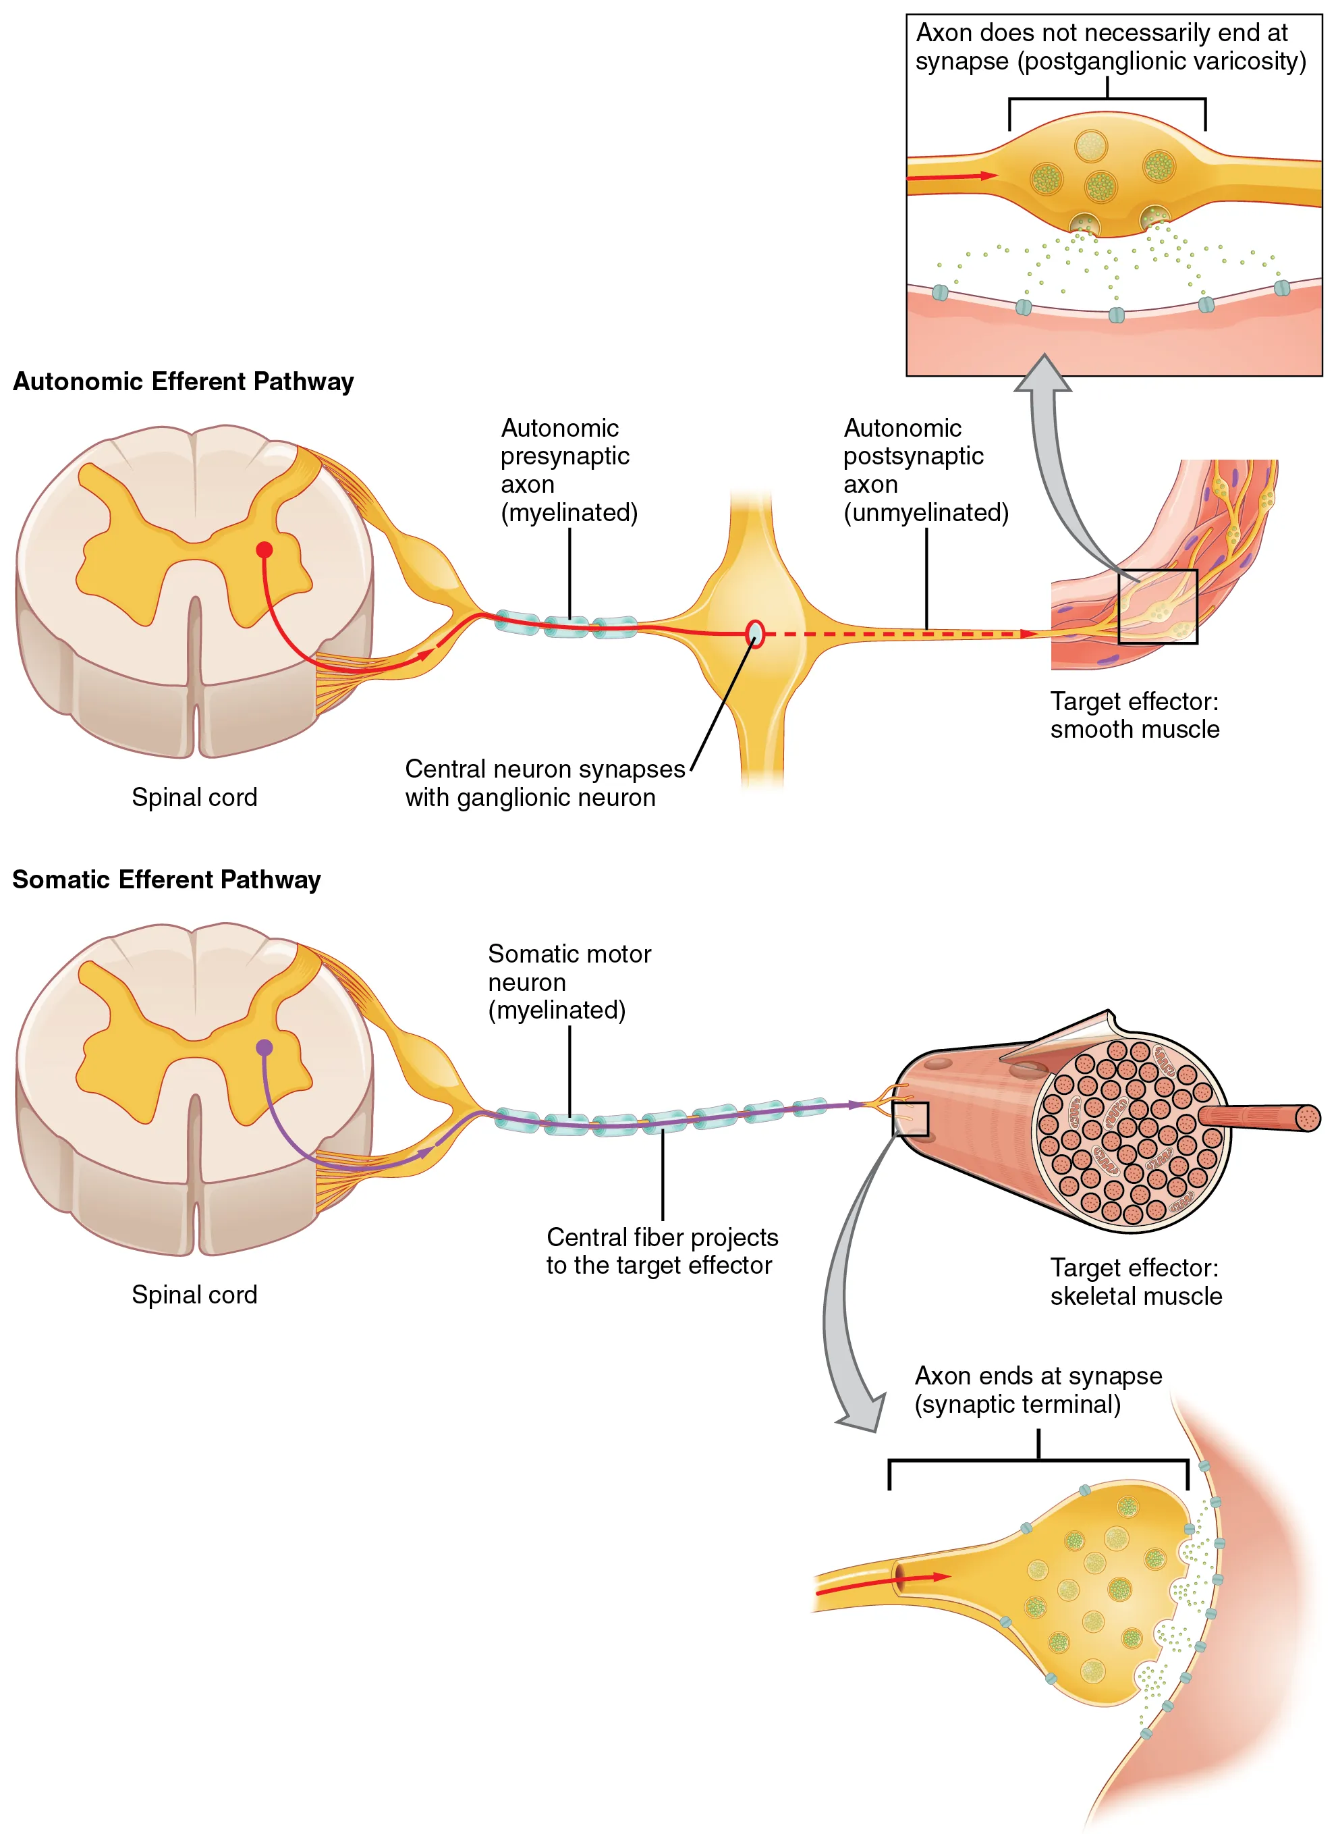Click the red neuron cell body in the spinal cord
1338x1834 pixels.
[x=264, y=550]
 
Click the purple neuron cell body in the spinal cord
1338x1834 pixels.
[x=264, y=1048]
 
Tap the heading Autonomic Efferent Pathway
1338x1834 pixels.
[x=183, y=381]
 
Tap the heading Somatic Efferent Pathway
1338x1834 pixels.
[x=166, y=880]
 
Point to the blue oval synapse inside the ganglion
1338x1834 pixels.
[x=755, y=633]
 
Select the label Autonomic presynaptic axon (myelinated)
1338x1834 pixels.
[x=569, y=470]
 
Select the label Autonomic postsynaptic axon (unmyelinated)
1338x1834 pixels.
[x=925, y=470]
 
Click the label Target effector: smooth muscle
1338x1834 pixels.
[x=1134, y=716]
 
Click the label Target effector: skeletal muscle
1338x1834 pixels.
[x=1135, y=1282]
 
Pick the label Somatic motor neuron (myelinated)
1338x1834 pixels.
[x=569, y=982]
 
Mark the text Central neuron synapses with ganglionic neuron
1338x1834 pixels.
[x=545, y=782]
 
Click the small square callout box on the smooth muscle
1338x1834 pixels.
[x=1157, y=607]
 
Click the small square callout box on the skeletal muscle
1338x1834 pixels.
[x=910, y=1118]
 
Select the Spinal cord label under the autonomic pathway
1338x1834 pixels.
[x=194, y=797]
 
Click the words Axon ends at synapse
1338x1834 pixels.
[x=1038, y=1376]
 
